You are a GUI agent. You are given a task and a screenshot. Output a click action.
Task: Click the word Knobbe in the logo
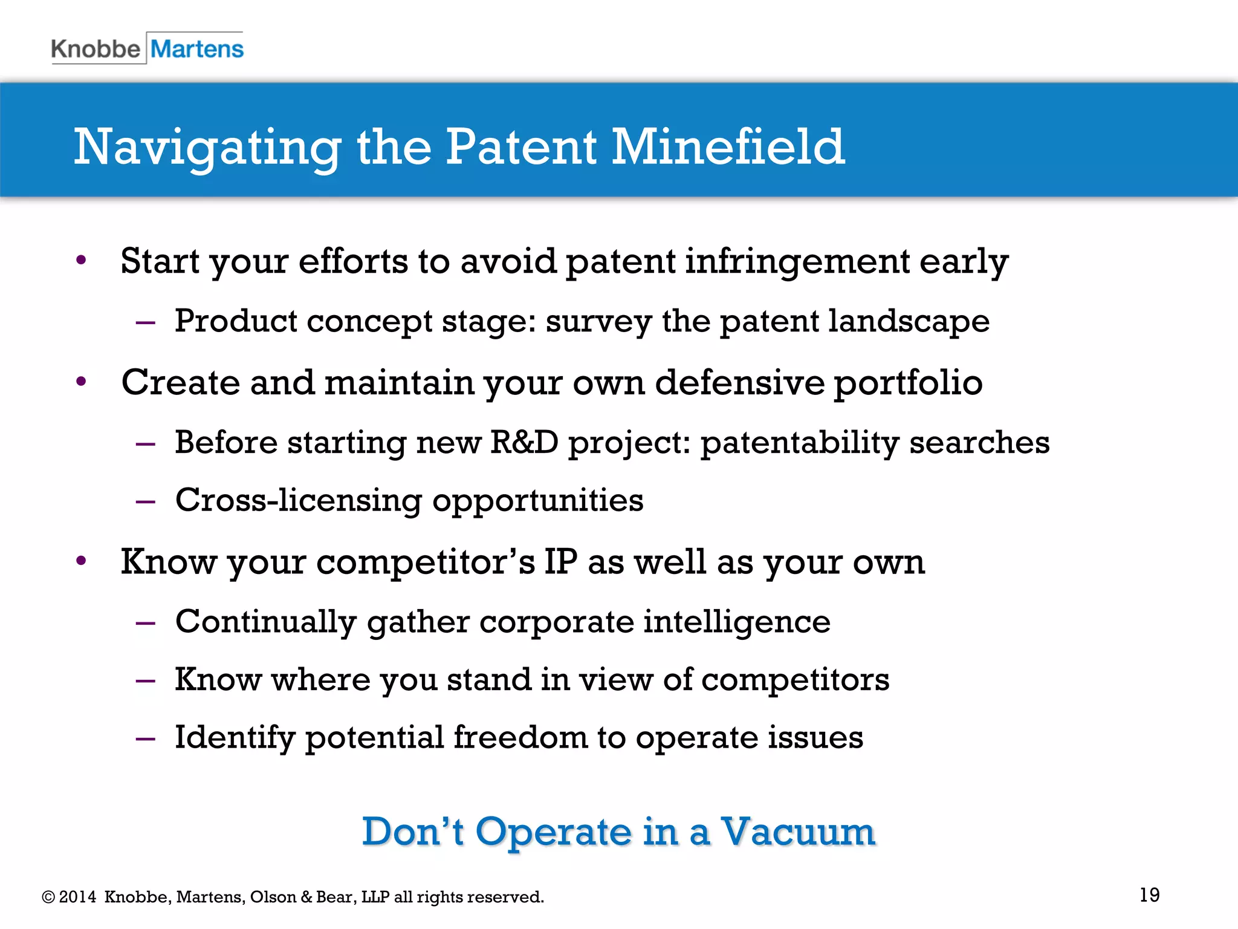click(x=96, y=49)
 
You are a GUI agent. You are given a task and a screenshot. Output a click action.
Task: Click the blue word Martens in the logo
click(x=197, y=49)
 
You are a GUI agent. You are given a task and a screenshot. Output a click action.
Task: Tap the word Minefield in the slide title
click(x=728, y=147)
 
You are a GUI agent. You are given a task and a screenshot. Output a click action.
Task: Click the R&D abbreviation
click(x=524, y=442)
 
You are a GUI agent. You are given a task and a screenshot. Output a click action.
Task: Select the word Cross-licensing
click(x=299, y=501)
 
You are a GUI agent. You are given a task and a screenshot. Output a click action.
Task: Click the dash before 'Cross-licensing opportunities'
click(x=146, y=501)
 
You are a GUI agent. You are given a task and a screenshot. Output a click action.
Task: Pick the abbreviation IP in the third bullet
click(x=561, y=561)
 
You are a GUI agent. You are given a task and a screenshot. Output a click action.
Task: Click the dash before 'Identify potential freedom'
click(x=146, y=738)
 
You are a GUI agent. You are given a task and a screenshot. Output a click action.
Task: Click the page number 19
click(x=1149, y=895)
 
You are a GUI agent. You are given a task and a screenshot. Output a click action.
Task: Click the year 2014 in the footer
click(x=77, y=897)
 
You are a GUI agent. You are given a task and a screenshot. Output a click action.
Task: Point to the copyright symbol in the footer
click(x=48, y=897)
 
